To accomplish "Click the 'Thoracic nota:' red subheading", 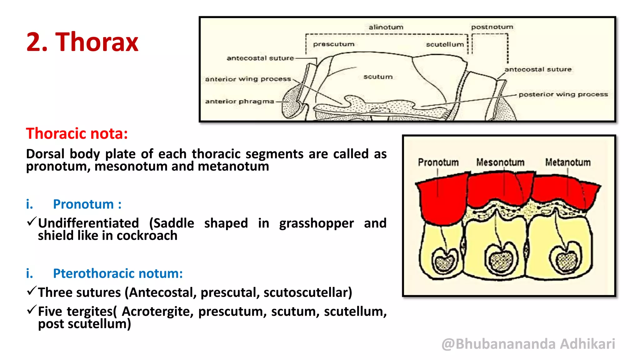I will click(x=77, y=133).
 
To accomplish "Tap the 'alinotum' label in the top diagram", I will click(x=386, y=27).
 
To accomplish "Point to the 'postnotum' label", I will click(x=492, y=27).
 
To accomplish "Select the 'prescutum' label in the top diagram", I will click(x=334, y=44).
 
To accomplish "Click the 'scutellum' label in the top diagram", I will click(x=445, y=44).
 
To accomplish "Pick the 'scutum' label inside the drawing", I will click(x=378, y=77).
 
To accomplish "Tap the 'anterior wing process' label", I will click(x=248, y=79).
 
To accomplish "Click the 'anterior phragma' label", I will click(x=239, y=101).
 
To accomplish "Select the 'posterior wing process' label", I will click(x=563, y=94).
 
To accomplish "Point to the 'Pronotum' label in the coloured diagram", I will click(x=438, y=162).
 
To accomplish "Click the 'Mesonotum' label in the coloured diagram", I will click(x=500, y=162).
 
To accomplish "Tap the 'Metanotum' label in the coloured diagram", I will click(x=568, y=162).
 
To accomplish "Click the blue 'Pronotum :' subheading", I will click(x=87, y=204).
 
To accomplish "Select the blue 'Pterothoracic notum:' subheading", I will click(x=118, y=273).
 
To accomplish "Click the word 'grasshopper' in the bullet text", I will click(x=317, y=223).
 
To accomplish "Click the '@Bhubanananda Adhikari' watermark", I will click(x=528, y=344).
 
